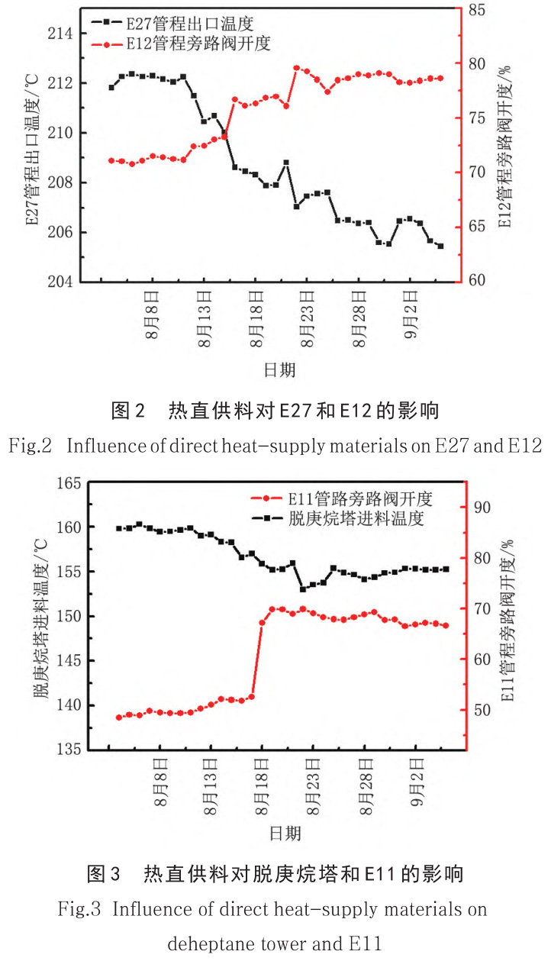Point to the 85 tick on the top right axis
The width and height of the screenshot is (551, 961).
pos(478,10)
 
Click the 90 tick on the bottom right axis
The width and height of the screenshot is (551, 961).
pos(482,508)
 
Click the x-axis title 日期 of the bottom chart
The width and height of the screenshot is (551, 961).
pos(282,832)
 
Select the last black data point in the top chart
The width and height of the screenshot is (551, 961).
pos(440,246)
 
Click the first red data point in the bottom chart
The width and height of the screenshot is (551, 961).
pos(119,718)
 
